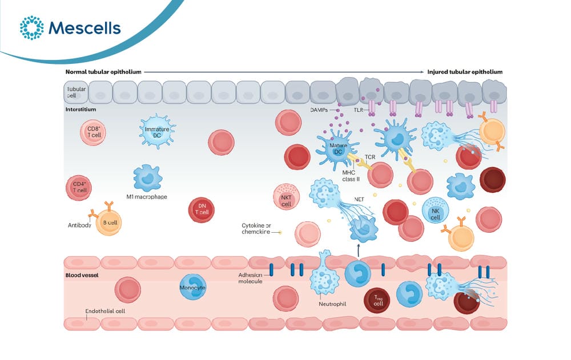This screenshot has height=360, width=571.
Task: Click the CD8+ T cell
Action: pyautogui.click(x=93, y=132)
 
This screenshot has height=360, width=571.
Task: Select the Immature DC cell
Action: pyautogui.click(x=158, y=131)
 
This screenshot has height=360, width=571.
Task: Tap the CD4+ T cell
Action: pyautogui.click(x=79, y=188)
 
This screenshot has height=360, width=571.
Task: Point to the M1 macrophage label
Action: pyautogui.click(x=147, y=197)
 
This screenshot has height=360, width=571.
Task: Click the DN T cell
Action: pyautogui.click(x=202, y=209)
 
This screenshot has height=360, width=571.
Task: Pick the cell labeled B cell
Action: pyautogui.click(x=108, y=223)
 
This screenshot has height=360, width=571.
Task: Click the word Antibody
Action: pyautogui.click(x=79, y=225)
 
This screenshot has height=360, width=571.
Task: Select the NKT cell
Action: pyautogui.click(x=286, y=197)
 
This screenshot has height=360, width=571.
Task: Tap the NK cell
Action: pyautogui.click(x=436, y=211)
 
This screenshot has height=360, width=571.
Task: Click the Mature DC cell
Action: pyautogui.click(x=337, y=148)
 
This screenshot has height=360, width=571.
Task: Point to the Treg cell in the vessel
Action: pyautogui.click(x=377, y=300)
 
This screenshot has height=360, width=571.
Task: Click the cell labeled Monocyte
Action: pyautogui.click(x=192, y=288)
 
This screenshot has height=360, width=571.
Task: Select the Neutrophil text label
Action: pyautogui.click(x=332, y=304)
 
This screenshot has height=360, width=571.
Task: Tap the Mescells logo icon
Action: pyautogui.click(x=31, y=27)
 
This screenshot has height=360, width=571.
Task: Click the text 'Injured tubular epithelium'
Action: pyautogui.click(x=465, y=72)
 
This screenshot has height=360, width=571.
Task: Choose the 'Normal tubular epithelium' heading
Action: pyautogui.click(x=103, y=72)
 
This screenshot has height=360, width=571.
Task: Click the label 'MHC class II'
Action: pyautogui.click(x=351, y=176)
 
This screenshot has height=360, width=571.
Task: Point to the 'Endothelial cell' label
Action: pyautogui.click(x=105, y=312)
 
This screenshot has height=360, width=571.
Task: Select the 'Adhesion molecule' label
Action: pyautogui.click(x=250, y=278)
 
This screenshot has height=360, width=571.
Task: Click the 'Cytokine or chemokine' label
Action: pyautogui.click(x=256, y=229)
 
